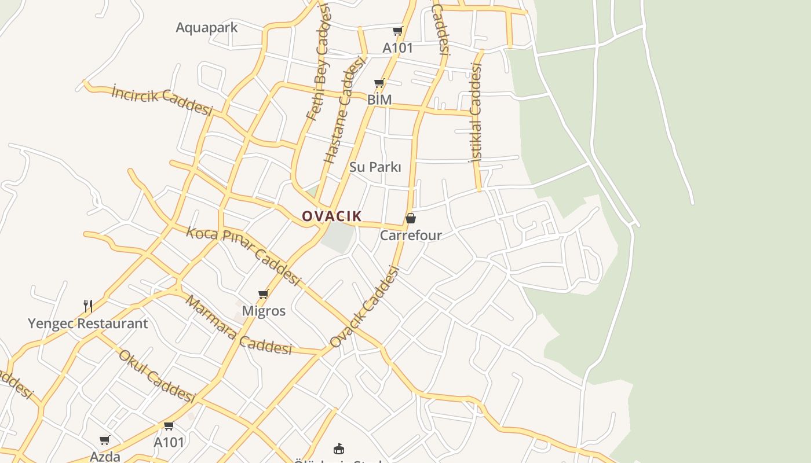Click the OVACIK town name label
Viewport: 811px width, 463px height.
click(332, 216)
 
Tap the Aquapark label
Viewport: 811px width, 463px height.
click(206, 27)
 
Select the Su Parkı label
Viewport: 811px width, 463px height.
click(375, 167)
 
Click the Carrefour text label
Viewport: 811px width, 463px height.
click(411, 236)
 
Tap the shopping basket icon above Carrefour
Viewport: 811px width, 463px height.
click(411, 218)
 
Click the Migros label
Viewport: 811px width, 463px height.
click(264, 311)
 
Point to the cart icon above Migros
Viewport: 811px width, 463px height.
click(264, 294)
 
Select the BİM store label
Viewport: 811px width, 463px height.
click(379, 100)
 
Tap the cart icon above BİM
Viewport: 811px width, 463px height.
click(379, 83)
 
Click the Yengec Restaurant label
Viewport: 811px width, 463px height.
click(88, 324)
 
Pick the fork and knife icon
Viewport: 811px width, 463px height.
click(88, 306)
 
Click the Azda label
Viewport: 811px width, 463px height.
click(105, 457)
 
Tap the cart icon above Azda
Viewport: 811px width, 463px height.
click(105, 440)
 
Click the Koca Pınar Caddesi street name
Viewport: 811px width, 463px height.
click(243, 255)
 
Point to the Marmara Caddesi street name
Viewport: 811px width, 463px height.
click(238, 325)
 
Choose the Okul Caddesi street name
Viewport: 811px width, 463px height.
click(156, 376)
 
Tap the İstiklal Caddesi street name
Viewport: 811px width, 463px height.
click(476, 113)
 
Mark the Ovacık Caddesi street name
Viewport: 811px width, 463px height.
click(365, 307)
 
